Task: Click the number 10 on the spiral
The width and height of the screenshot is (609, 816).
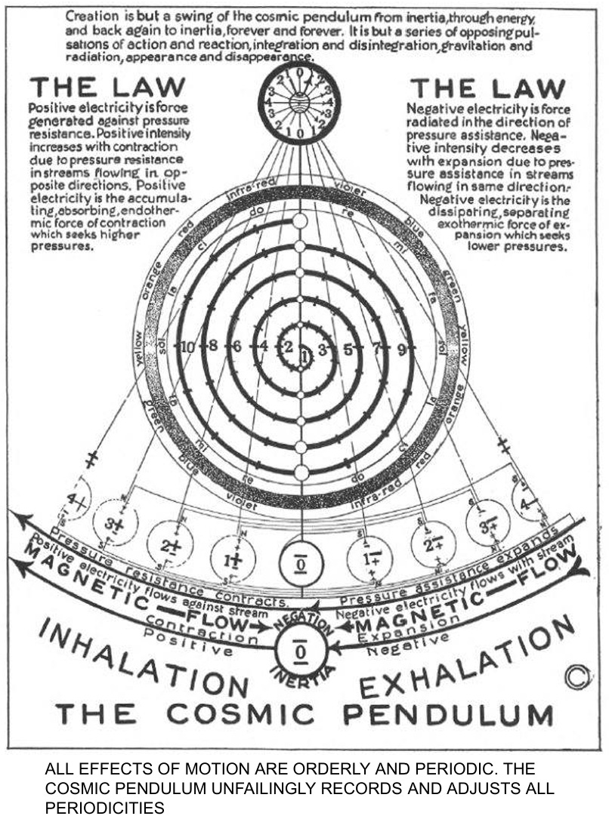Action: pyautogui.click(x=187, y=347)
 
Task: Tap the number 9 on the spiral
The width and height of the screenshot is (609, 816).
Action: pyautogui.click(x=401, y=349)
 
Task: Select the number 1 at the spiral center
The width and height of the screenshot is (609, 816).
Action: pyautogui.click(x=304, y=356)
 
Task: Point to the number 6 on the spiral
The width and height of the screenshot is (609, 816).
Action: pyautogui.click(x=236, y=347)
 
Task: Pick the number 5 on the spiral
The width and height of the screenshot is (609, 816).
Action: pyautogui.click(x=348, y=349)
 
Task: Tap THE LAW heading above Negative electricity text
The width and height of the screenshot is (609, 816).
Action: pyautogui.click(x=487, y=89)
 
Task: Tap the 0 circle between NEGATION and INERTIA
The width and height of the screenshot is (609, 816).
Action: pyautogui.click(x=300, y=648)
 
